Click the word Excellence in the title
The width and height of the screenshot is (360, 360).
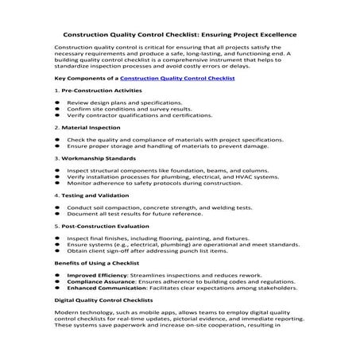[269, 35]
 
